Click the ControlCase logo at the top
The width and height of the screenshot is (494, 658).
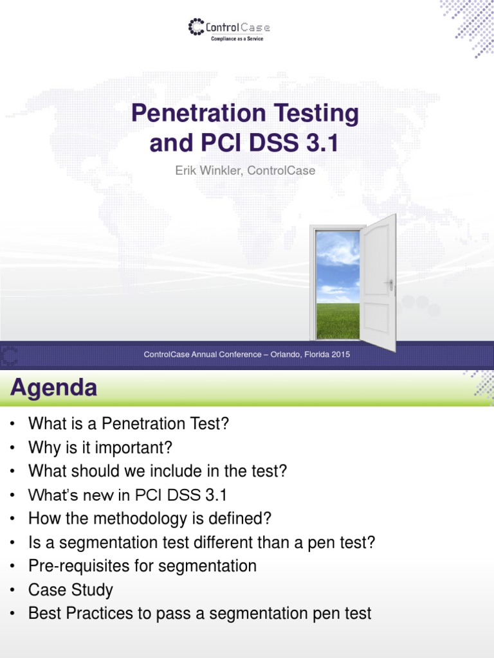(229, 28)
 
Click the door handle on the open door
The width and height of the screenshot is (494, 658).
(389, 283)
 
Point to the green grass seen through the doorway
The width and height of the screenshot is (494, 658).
(337, 321)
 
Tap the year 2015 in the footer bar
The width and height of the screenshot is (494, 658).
(339, 355)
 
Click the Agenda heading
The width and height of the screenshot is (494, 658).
(54, 388)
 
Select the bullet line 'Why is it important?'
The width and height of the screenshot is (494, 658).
(100, 447)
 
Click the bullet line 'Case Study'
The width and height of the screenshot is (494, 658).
(70, 590)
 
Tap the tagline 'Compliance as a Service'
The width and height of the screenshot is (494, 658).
(237, 39)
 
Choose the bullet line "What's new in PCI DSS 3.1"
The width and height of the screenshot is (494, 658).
(127, 495)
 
